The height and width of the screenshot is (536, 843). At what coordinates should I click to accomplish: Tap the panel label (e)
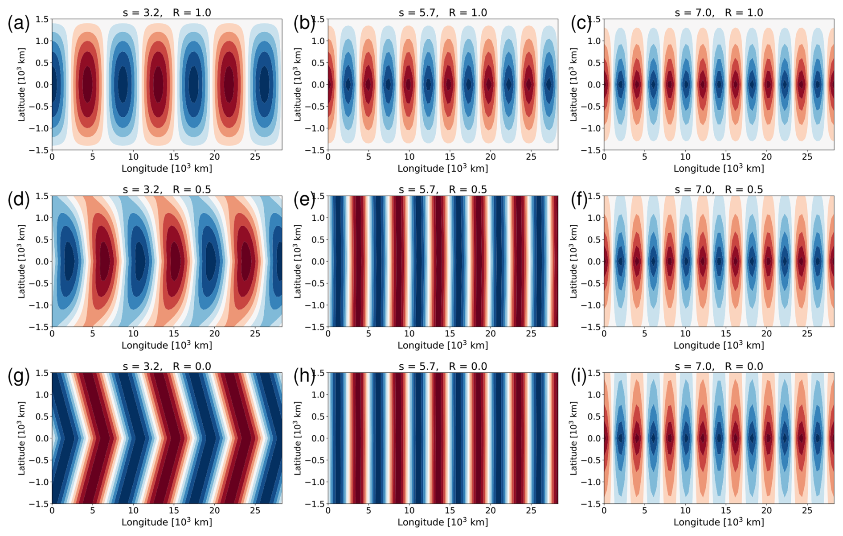(x=304, y=200)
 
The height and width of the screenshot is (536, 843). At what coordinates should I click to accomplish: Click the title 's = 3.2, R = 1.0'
(x=167, y=12)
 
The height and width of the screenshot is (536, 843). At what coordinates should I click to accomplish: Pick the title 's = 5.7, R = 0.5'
(x=442, y=190)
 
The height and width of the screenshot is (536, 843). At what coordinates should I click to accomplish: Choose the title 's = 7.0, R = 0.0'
(x=719, y=366)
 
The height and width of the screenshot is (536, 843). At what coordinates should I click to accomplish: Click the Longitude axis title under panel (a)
(x=167, y=169)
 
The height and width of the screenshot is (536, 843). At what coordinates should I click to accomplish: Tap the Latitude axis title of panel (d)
(x=21, y=261)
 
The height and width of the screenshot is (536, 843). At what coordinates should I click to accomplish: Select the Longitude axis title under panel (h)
(x=442, y=522)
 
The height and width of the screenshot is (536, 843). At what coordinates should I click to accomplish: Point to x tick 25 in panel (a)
(x=255, y=157)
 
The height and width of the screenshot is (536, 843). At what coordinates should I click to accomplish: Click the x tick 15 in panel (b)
(x=450, y=157)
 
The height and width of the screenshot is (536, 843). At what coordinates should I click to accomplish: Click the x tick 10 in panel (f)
(x=685, y=334)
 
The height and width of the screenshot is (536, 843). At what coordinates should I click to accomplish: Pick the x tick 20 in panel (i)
(x=766, y=511)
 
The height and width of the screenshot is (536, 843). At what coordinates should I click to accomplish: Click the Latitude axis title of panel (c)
(x=573, y=84)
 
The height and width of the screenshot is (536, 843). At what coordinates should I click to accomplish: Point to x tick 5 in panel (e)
(x=368, y=334)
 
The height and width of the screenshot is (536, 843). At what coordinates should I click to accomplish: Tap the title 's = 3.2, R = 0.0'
(x=167, y=366)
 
